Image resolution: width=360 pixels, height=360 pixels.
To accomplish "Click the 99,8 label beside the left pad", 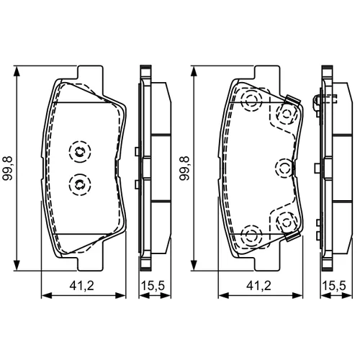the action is point(7,168).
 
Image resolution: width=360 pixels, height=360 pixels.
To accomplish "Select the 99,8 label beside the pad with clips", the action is point(184,168).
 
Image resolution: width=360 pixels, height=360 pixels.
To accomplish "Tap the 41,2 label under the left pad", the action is point(82,286).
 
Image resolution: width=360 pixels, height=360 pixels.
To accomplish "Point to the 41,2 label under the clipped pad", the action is point(259,286).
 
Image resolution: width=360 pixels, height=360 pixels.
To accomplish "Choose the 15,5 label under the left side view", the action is point(153,286).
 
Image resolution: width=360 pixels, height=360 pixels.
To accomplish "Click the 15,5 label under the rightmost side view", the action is point(334,286).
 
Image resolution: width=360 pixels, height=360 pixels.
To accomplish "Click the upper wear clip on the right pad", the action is point(292,100).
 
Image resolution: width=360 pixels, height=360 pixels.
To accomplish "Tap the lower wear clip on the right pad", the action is point(292,236).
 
